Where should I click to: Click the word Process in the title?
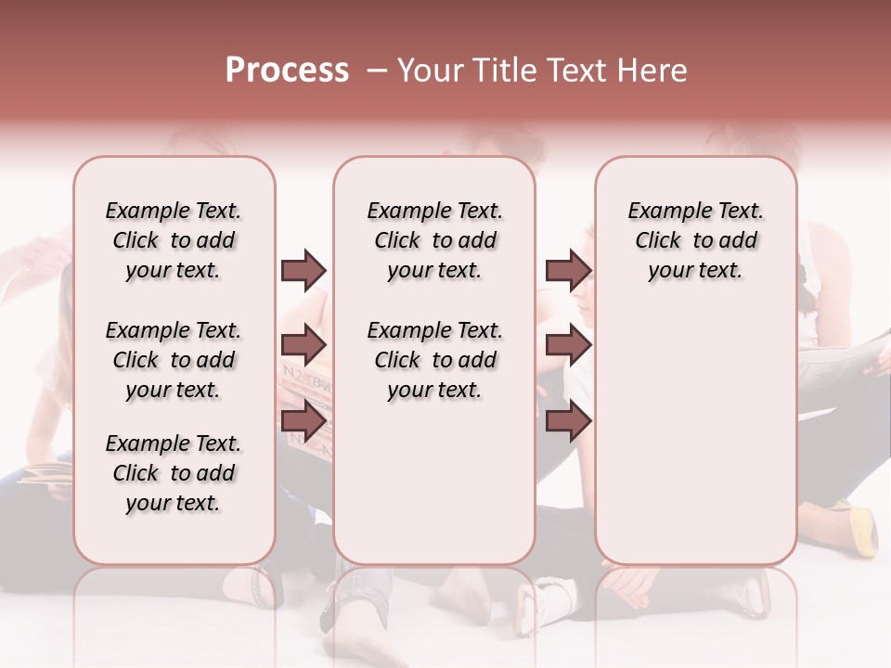[x=287, y=71]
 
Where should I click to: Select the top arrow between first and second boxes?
[x=303, y=270]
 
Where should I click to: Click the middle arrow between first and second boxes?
[x=303, y=345]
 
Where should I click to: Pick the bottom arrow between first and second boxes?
[x=303, y=421]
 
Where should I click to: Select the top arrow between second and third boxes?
[x=568, y=270]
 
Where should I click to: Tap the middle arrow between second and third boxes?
[x=568, y=345]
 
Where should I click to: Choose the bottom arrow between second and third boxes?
[x=568, y=421]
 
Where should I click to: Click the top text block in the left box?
[x=174, y=240]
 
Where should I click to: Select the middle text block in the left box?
[x=174, y=360]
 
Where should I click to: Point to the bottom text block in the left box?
[x=174, y=473]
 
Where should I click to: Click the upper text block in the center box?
[x=434, y=240]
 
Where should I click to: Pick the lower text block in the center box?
[x=434, y=360]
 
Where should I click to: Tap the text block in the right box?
[x=695, y=240]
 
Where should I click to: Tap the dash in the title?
[x=375, y=71]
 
